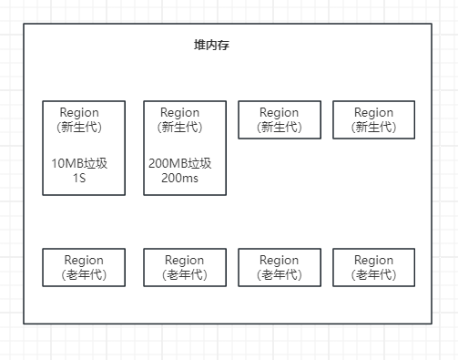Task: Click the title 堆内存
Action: click(x=211, y=45)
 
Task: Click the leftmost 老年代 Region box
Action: click(x=84, y=267)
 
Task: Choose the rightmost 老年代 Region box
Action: click(x=373, y=267)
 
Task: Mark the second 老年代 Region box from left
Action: click(x=185, y=267)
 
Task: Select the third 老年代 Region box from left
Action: click(x=279, y=267)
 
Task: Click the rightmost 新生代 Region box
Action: click(x=373, y=119)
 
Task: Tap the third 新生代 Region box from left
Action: click(x=279, y=119)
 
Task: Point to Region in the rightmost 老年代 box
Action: click(x=373, y=260)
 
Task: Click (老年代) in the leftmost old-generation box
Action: click(x=84, y=274)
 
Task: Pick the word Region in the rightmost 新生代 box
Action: click(x=373, y=112)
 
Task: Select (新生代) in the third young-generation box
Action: click(x=279, y=127)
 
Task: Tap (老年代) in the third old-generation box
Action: click(x=279, y=274)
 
